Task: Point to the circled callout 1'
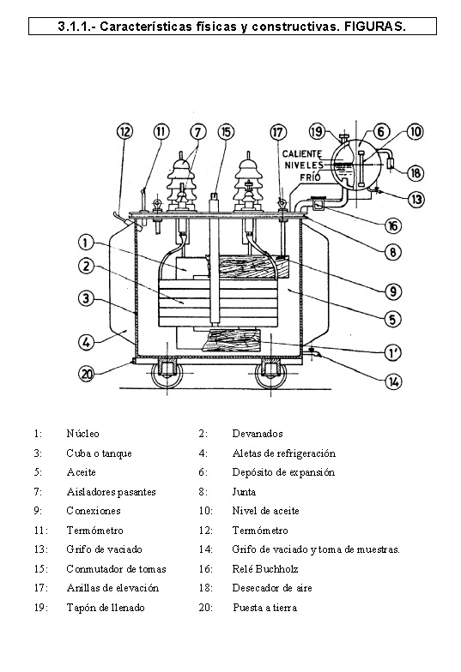393,351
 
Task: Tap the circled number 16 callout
392,226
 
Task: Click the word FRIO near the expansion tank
310,177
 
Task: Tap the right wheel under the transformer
274,372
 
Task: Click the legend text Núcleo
82,434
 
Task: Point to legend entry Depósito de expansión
283,472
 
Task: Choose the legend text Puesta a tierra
264,608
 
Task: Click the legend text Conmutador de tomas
116,569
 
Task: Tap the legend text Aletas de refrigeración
283,453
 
